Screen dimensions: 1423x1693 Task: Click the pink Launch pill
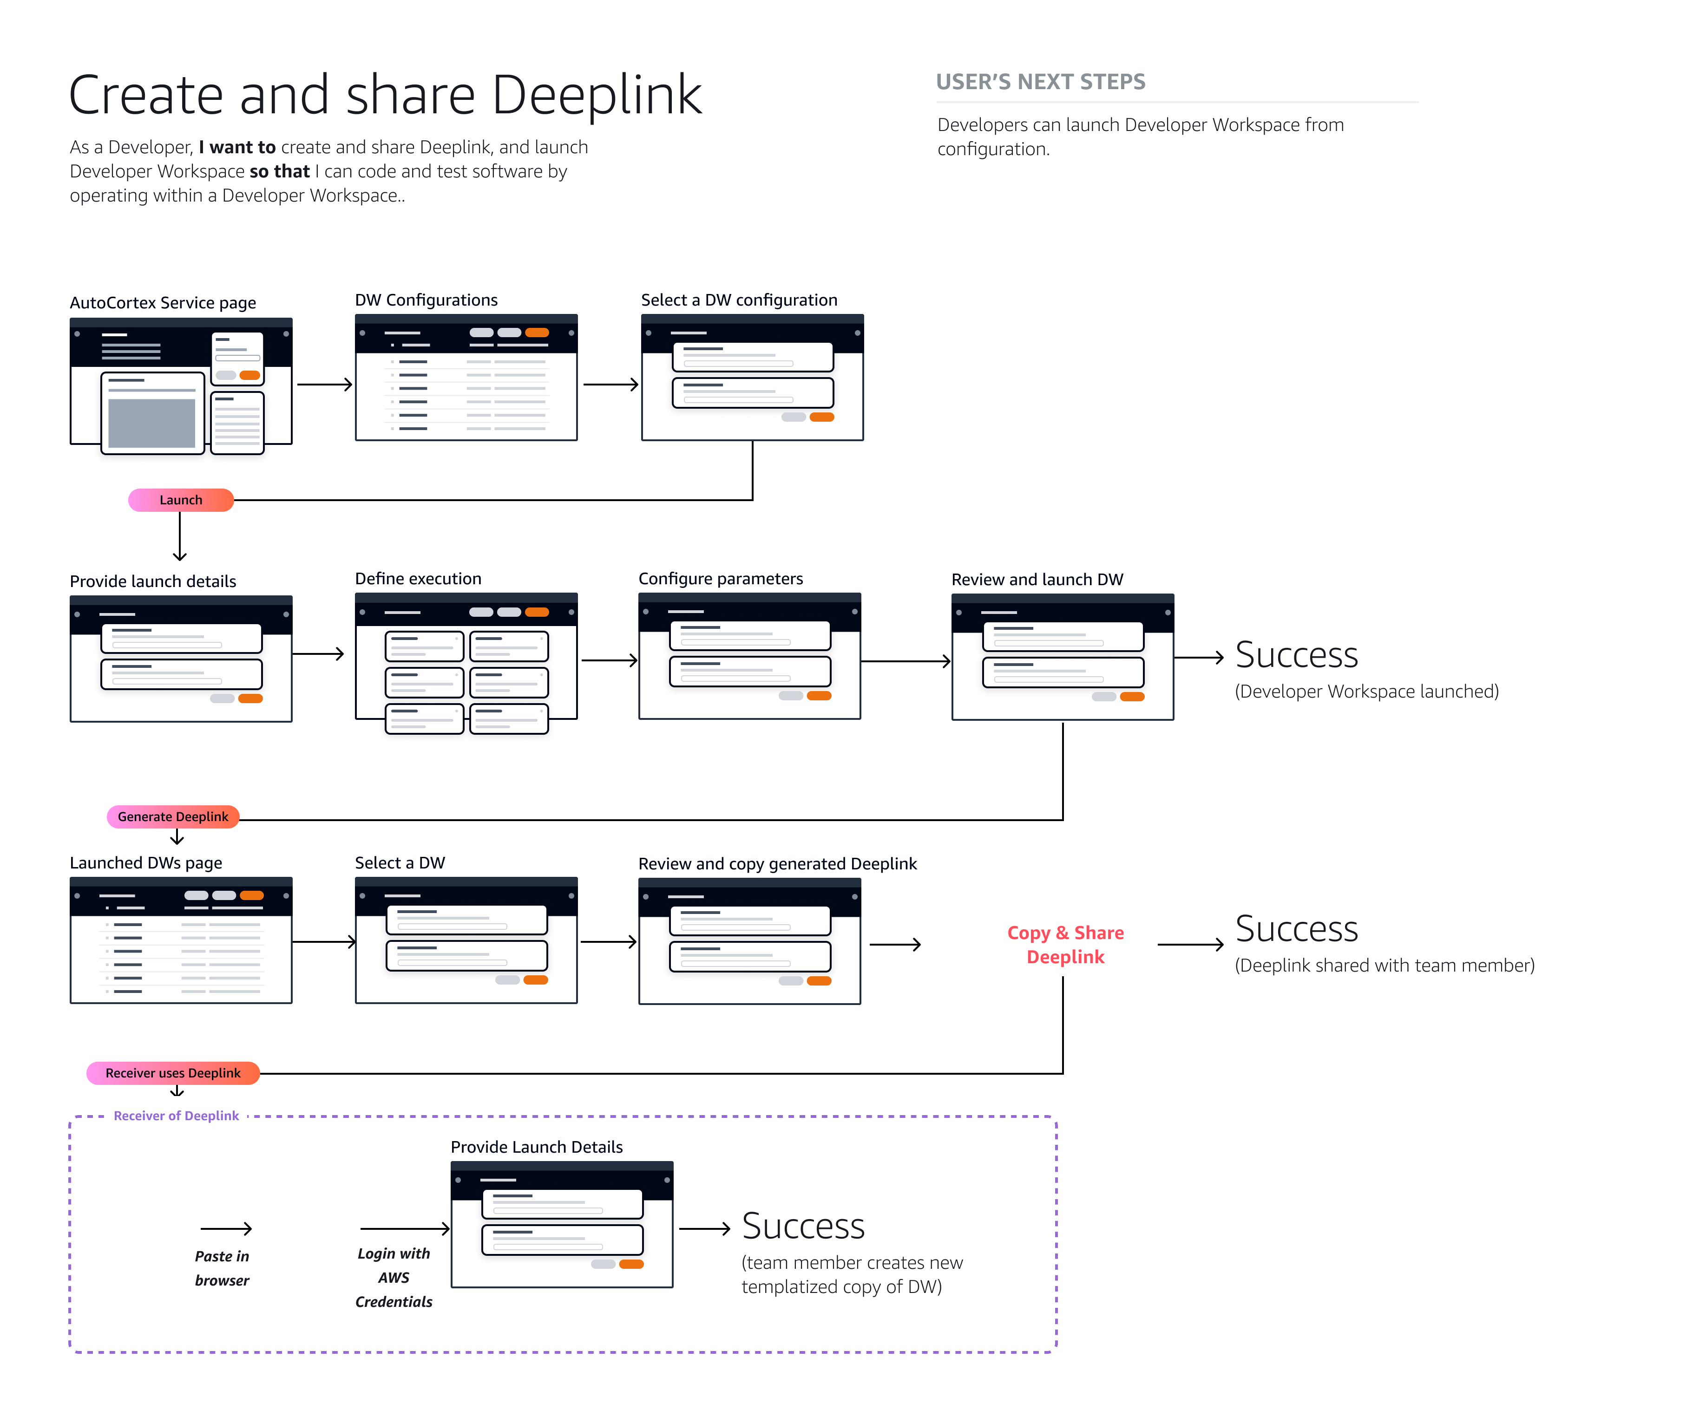click(x=181, y=500)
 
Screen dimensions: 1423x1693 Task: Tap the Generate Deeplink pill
click(x=173, y=816)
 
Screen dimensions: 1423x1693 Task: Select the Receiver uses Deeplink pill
click(x=173, y=1073)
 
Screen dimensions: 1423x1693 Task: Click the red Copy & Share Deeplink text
click(x=1065, y=945)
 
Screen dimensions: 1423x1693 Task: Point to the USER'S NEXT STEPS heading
click(x=1040, y=82)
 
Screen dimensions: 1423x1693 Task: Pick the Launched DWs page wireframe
click(x=181, y=940)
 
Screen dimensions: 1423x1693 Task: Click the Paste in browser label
click(x=222, y=1268)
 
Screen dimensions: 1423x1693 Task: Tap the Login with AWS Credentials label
click(x=394, y=1277)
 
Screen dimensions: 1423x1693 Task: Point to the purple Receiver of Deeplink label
click(x=176, y=1116)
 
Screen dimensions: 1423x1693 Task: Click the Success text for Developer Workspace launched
click(x=1296, y=655)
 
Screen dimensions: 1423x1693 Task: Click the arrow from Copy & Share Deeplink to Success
click(x=1190, y=945)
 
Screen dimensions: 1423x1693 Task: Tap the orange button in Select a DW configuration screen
click(x=821, y=417)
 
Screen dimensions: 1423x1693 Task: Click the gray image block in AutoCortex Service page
click(x=152, y=423)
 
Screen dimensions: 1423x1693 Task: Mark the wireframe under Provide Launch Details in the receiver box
click(x=562, y=1225)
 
